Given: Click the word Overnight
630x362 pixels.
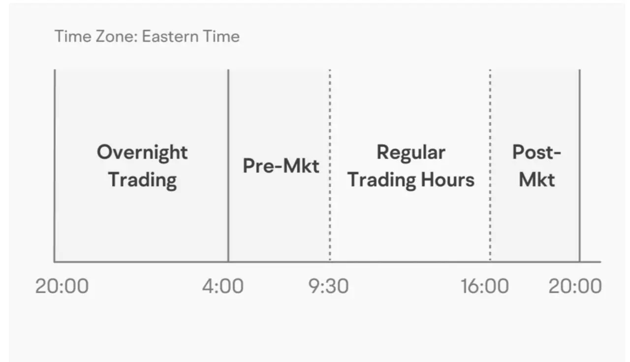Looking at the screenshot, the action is click(x=142, y=153).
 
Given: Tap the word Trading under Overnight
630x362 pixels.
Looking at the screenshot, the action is click(x=142, y=181).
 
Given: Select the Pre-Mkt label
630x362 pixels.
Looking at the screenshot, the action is click(x=281, y=166).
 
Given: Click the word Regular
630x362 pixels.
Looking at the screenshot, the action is click(x=411, y=153).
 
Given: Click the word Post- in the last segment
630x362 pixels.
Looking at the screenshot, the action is click(x=536, y=152).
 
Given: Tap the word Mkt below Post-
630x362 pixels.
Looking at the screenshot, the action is click(x=536, y=180).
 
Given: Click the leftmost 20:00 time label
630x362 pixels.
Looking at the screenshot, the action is click(x=62, y=286).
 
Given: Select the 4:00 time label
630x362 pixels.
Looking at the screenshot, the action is click(x=223, y=286).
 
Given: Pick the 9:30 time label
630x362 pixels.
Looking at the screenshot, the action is click(x=328, y=286).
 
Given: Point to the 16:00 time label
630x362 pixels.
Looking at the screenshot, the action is click(x=485, y=286).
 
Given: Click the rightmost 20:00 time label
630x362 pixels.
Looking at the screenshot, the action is click(x=575, y=286).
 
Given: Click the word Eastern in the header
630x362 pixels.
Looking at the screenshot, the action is click(x=170, y=36).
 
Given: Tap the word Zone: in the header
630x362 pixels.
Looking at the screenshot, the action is click(x=117, y=36).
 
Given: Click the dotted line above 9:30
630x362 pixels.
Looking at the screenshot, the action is click(x=330, y=165).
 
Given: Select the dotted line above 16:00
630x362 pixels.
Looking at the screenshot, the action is click(x=490, y=165).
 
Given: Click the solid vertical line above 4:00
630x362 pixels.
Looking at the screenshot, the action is click(x=228, y=165).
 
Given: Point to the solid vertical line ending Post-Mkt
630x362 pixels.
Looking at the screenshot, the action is click(x=580, y=165).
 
